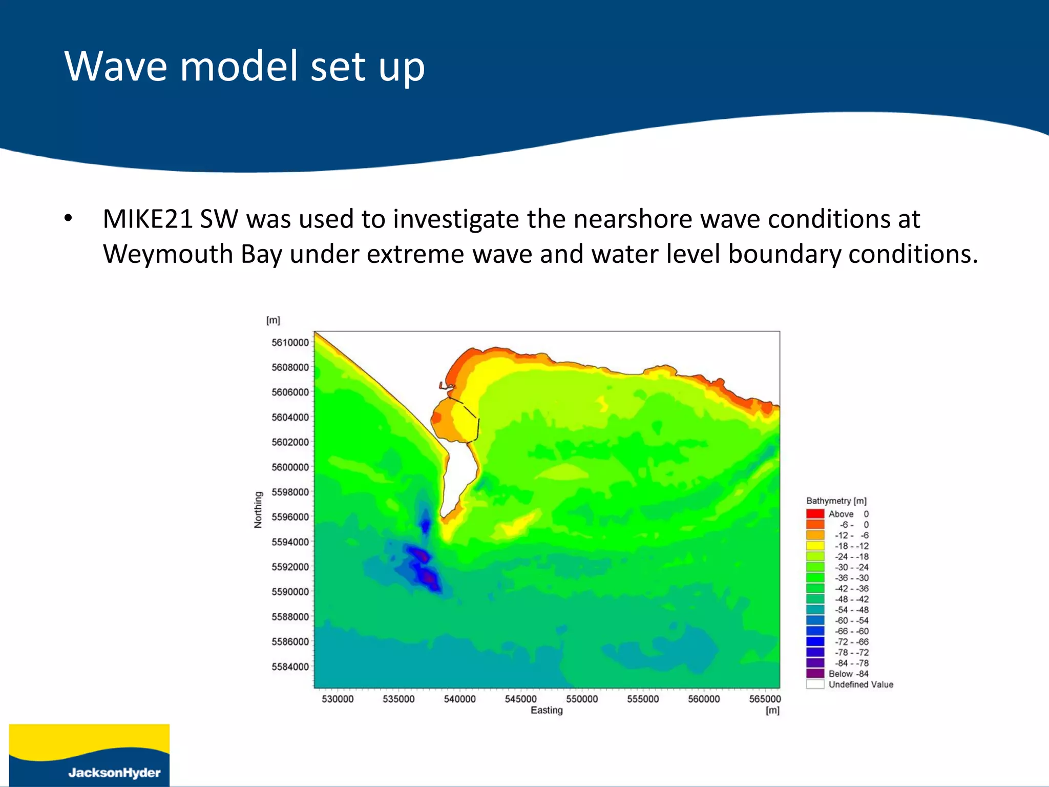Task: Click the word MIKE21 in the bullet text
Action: point(147,219)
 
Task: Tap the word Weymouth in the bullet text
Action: point(167,254)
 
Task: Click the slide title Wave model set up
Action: point(244,66)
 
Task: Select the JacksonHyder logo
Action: point(89,755)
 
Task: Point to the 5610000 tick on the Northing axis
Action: point(290,342)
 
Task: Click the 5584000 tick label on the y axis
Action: point(290,667)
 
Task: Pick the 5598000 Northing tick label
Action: point(290,492)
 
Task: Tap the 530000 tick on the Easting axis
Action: point(338,699)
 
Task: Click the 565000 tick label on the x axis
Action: point(765,699)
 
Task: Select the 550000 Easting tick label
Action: point(582,699)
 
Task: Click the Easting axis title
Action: point(547,710)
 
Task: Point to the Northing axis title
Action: point(258,509)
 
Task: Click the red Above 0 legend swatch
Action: point(815,513)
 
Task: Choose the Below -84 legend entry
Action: point(848,674)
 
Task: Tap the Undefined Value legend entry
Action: point(861,685)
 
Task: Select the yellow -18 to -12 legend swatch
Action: point(815,546)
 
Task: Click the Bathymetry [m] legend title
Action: point(836,501)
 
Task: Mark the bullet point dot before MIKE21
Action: point(68,219)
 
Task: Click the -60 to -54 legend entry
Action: point(851,620)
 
